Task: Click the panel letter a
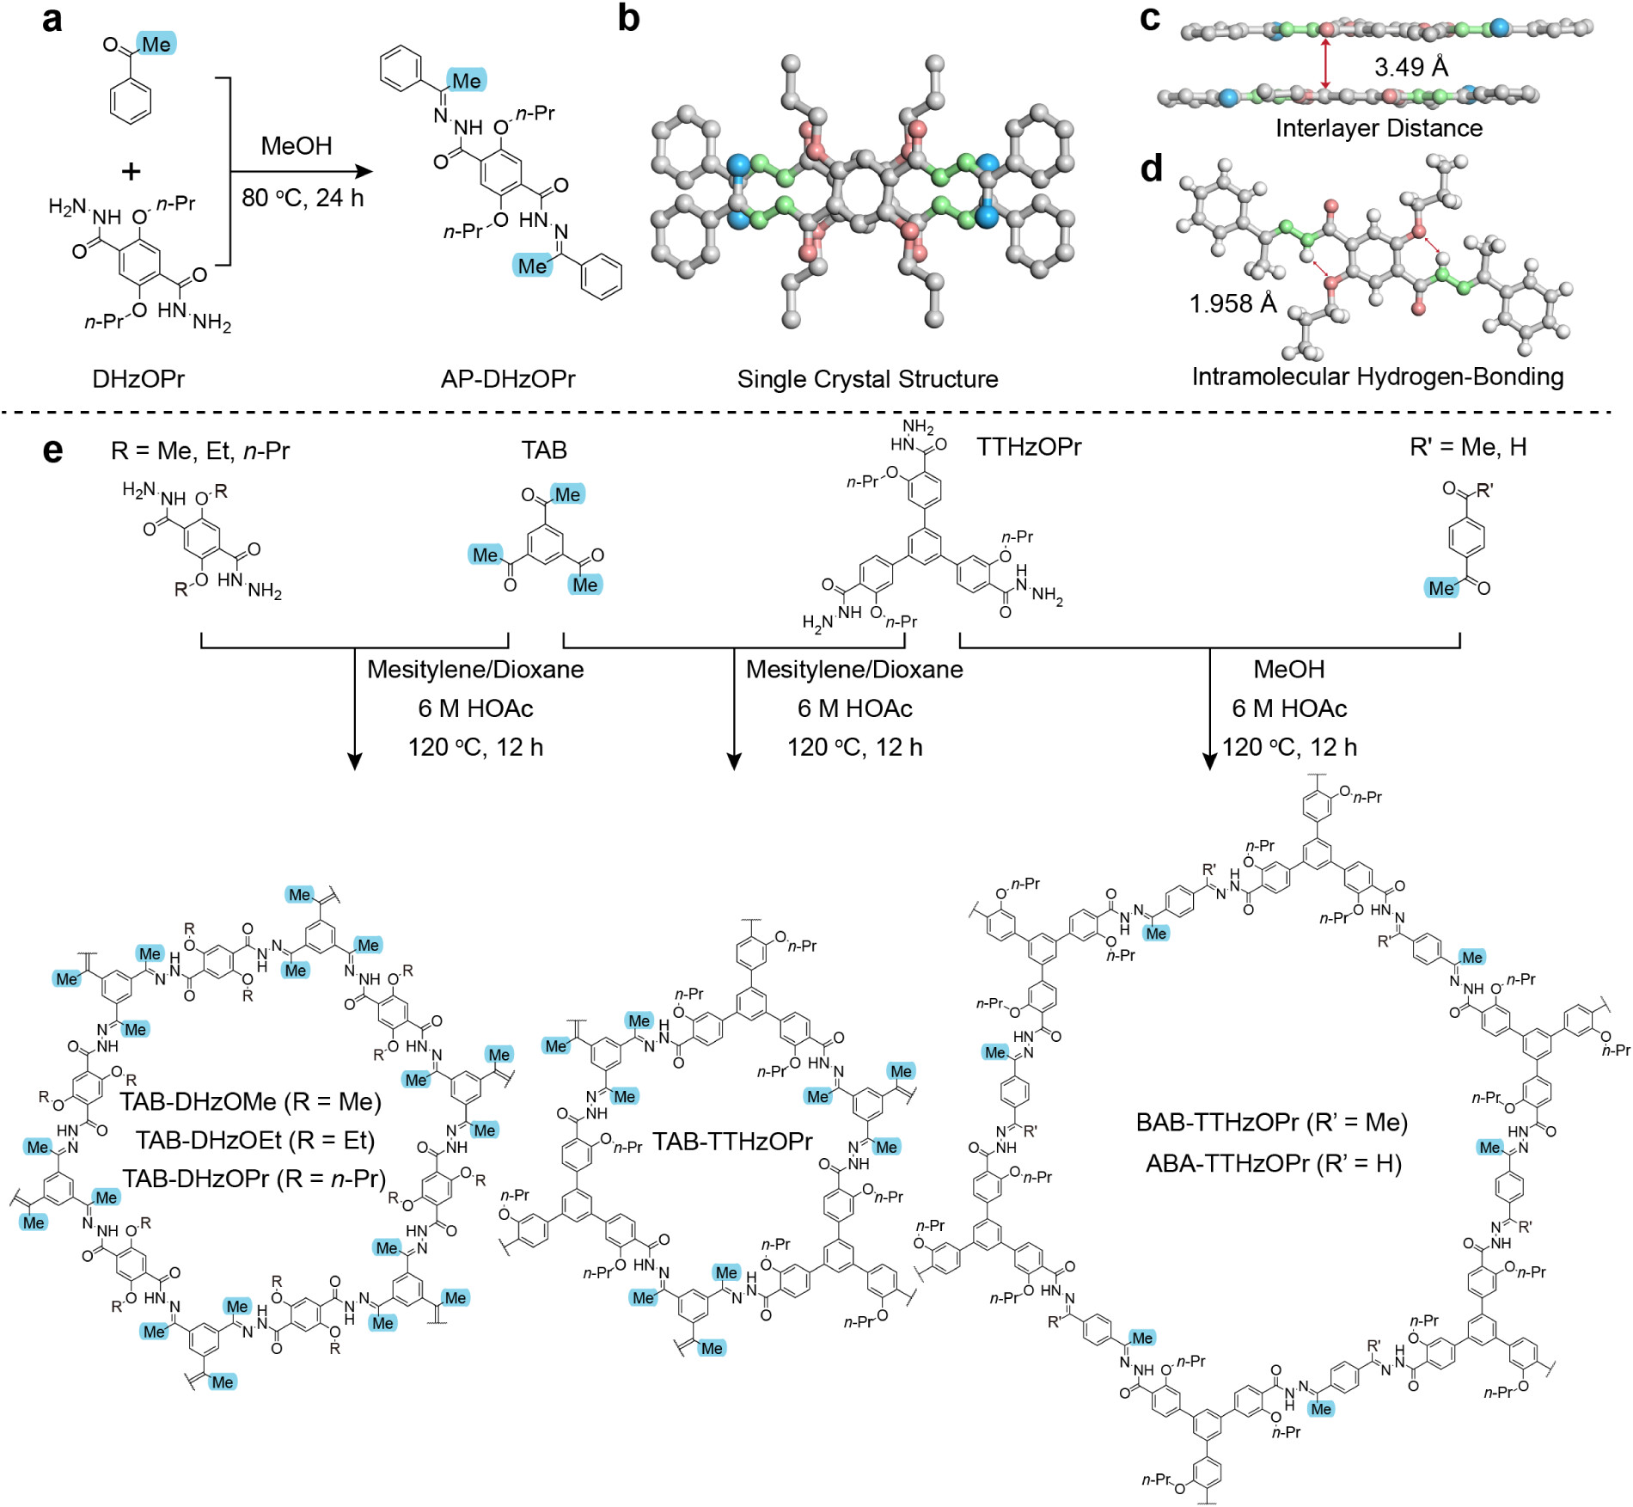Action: point(52,19)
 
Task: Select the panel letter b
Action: point(628,19)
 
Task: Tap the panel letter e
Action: point(52,450)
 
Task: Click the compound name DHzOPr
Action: point(138,378)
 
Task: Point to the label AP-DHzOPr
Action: point(508,378)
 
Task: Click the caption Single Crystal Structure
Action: point(867,378)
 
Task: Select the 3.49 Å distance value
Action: point(1411,67)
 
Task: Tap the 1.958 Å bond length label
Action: point(1232,303)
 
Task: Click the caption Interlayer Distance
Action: point(1379,128)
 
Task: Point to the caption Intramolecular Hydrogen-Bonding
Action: point(1377,377)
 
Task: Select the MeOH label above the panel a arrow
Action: point(297,145)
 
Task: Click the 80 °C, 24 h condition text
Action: point(303,198)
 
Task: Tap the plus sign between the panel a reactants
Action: point(131,171)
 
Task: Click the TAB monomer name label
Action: point(544,450)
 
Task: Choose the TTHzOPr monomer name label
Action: point(1028,446)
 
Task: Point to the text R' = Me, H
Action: point(1468,446)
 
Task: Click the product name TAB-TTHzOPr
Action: point(732,1141)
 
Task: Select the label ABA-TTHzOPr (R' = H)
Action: point(1274,1163)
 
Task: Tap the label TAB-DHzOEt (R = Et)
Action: point(255,1140)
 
